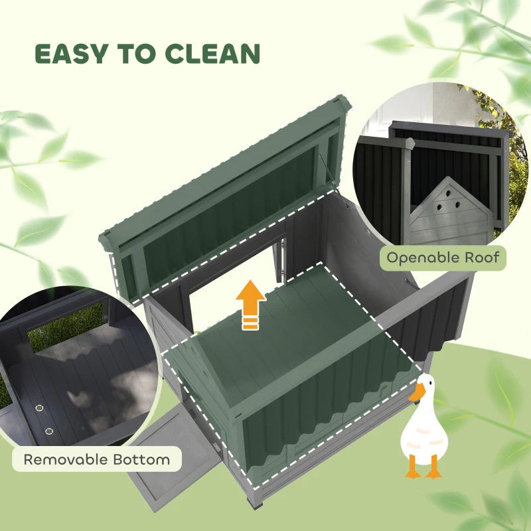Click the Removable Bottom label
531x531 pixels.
pos(97,459)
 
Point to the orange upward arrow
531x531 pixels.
pos(250,302)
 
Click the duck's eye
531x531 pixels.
pos(423,384)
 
